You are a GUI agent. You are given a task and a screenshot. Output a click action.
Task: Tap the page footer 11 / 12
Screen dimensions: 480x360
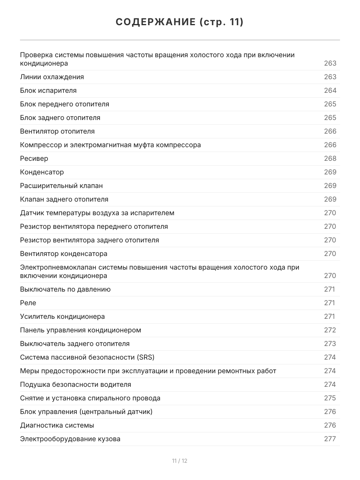point(180,461)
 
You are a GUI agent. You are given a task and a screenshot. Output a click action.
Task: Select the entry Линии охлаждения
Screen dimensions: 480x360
point(52,77)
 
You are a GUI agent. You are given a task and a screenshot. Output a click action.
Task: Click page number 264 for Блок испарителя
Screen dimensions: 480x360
point(330,90)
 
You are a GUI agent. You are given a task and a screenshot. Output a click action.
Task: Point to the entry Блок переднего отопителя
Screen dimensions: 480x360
point(64,104)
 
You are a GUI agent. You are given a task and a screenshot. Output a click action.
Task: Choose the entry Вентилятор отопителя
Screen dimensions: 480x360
point(57,131)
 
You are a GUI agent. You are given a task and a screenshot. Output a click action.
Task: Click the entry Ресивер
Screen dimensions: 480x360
point(34,158)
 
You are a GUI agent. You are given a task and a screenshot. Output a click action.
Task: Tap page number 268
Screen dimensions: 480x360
point(330,158)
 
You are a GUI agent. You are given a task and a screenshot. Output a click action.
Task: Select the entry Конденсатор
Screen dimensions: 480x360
point(42,172)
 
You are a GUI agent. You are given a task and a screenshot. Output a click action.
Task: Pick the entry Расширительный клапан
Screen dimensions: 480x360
point(61,186)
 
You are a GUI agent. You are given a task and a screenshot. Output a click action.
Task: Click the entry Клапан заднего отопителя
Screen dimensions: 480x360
point(64,199)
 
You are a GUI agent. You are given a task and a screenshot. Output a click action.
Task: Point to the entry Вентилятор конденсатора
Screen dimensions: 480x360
point(64,254)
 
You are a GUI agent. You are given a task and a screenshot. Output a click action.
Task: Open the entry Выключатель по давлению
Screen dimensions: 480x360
point(65,289)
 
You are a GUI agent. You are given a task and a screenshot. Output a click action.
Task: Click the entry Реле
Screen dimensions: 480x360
point(28,303)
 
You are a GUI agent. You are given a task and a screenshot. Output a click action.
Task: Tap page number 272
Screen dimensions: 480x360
point(330,330)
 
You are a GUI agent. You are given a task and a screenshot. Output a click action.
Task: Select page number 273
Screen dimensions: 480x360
point(330,344)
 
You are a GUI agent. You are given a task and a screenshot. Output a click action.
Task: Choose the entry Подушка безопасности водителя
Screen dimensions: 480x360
point(76,384)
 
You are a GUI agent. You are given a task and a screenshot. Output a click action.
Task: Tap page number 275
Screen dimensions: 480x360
point(330,398)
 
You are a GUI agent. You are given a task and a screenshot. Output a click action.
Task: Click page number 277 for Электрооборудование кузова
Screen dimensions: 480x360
point(330,439)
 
